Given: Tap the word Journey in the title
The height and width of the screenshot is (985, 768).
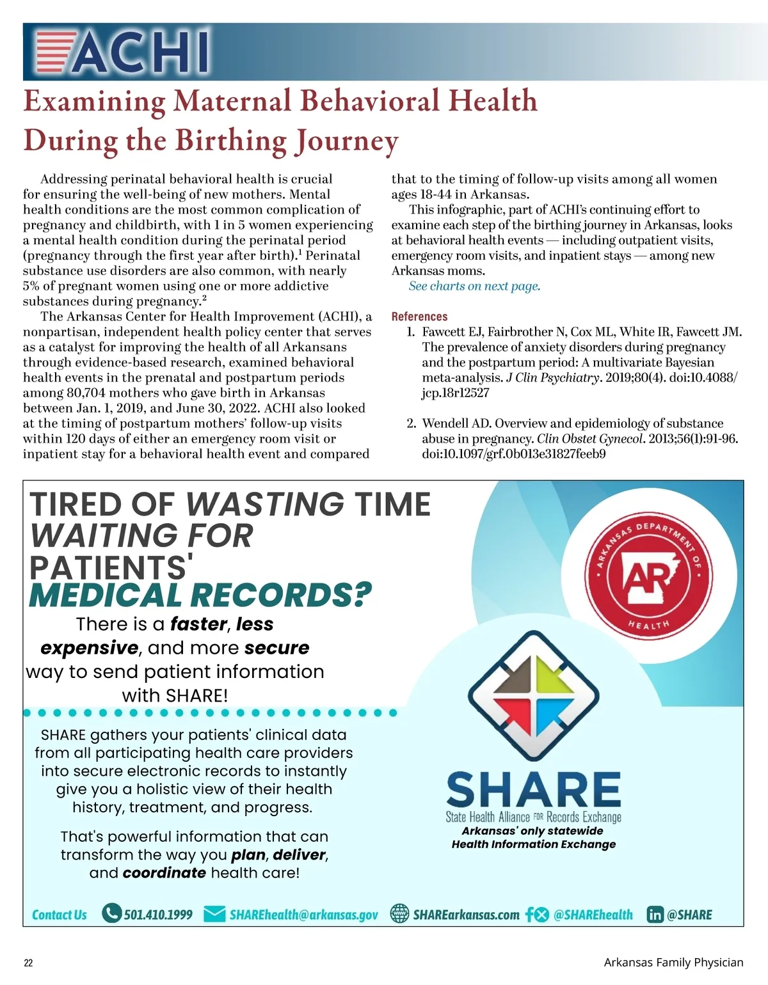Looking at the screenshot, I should pyautogui.click(x=346, y=141).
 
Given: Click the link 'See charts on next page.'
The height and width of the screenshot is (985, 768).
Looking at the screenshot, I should pyautogui.click(x=474, y=286).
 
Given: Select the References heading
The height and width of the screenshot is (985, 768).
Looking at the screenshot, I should pyautogui.click(x=419, y=317).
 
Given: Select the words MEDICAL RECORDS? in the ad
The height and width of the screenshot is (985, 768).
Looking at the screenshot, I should pyautogui.click(x=200, y=595).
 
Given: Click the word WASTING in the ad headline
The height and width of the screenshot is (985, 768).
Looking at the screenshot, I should pyautogui.click(x=265, y=504).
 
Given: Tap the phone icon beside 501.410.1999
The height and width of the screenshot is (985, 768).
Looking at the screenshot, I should pyautogui.click(x=111, y=913).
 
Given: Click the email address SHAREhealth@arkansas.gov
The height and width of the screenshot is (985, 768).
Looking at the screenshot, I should pyautogui.click(x=303, y=915).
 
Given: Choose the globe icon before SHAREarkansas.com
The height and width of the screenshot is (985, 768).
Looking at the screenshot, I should pyautogui.click(x=400, y=914).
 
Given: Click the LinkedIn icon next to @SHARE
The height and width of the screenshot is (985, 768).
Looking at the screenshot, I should pyautogui.click(x=655, y=915).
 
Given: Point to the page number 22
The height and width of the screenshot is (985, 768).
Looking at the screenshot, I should pyautogui.click(x=28, y=963).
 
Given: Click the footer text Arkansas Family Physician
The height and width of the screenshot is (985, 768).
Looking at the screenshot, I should pyautogui.click(x=673, y=963).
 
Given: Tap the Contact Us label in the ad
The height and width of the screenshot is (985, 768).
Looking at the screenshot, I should pyautogui.click(x=60, y=915).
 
